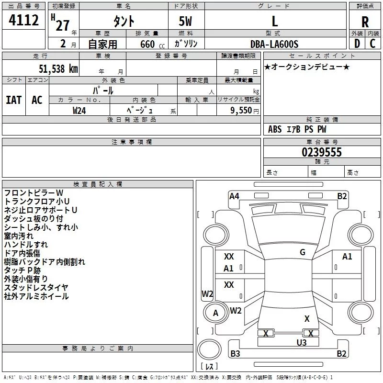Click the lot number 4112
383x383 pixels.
point(24,21)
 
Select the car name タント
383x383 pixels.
point(124,22)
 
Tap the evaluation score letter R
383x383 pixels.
point(365,22)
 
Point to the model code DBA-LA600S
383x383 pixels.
point(274,44)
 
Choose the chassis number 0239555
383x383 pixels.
point(321,152)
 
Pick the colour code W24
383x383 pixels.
point(79,110)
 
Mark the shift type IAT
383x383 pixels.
point(13,100)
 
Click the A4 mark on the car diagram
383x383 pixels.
point(234,196)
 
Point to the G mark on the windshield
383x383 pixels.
point(302,252)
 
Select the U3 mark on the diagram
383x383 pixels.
point(301,342)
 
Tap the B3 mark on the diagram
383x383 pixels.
point(235,354)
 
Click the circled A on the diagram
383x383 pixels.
point(216,313)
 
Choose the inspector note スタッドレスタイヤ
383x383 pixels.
point(36,287)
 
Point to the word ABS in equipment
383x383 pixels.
point(275,129)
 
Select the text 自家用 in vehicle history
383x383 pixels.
point(102,45)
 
